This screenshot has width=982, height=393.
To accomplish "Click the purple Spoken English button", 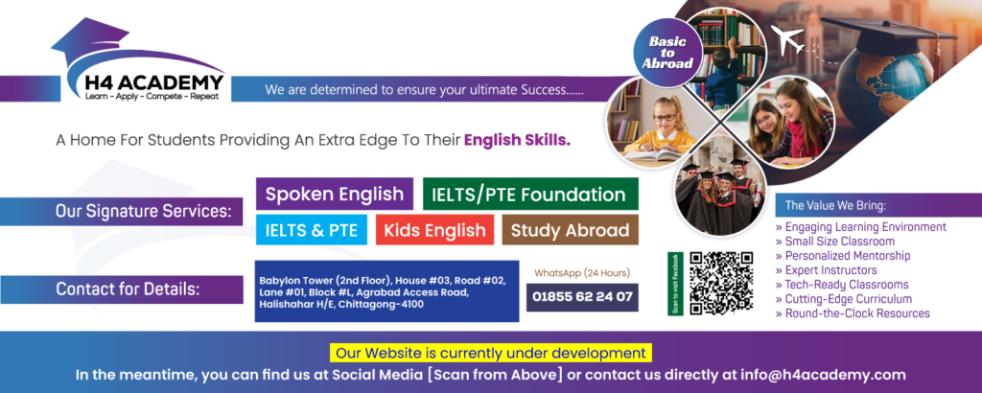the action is [335, 194].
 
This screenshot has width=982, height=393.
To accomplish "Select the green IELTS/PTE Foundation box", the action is [530, 194].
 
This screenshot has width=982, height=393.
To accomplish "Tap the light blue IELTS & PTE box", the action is [312, 230].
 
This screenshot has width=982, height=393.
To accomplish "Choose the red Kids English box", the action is [434, 230].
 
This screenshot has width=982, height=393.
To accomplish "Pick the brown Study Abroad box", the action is [570, 230].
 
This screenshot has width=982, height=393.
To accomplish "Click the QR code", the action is [721, 284].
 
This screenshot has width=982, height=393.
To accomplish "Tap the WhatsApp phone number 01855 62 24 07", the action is [582, 297].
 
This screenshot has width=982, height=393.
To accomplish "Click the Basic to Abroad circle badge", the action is [666, 53].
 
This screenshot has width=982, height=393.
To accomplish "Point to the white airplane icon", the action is [787, 39].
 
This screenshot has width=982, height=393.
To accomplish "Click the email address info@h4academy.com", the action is [823, 376].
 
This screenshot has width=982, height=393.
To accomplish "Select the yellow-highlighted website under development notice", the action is [491, 353].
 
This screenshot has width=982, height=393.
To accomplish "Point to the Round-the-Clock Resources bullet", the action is [853, 313].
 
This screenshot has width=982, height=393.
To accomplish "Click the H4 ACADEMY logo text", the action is [154, 82].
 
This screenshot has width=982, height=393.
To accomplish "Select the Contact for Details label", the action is [128, 289].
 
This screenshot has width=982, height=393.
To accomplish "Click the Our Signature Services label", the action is [149, 211].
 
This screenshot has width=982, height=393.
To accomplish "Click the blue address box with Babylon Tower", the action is [387, 291].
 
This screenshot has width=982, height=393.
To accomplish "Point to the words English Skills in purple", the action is [517, 140].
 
